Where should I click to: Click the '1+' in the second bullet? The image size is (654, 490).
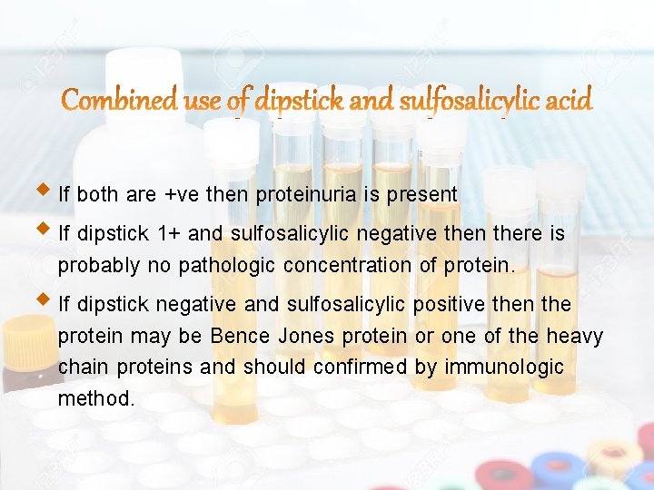[x=169, y=234]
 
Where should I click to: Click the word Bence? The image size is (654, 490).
[x=240, y=336]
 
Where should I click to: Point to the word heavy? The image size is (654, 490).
[x=574, y=336]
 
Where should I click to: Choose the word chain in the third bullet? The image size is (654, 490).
[x=83, y=367]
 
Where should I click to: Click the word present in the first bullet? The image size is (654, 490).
[x=426, y=194]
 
